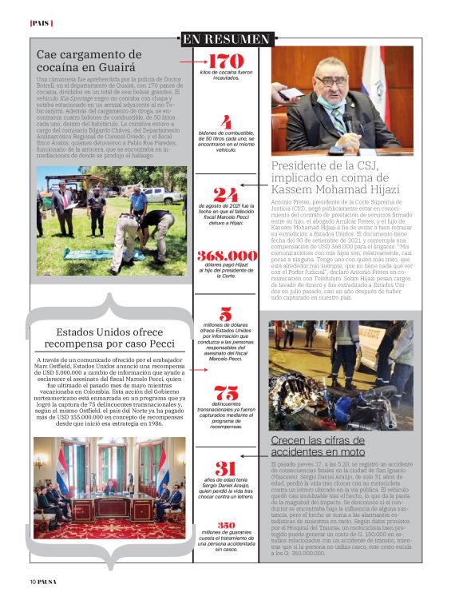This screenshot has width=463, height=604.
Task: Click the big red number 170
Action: point(225,62)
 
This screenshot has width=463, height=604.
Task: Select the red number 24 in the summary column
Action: point(226,195)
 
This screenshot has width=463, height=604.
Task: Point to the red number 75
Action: point(226,392)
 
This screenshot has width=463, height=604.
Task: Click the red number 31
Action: point(226,469)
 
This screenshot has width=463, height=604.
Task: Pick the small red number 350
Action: point(227,525)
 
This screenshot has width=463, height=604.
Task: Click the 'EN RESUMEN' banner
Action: point(226,39)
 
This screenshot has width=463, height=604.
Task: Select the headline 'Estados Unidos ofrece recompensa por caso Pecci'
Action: point(109,339)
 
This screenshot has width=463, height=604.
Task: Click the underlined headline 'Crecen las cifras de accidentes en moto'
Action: point(318,446)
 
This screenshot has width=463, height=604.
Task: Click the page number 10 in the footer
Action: point(34,582)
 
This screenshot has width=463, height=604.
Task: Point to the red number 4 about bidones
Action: point(226,122)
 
